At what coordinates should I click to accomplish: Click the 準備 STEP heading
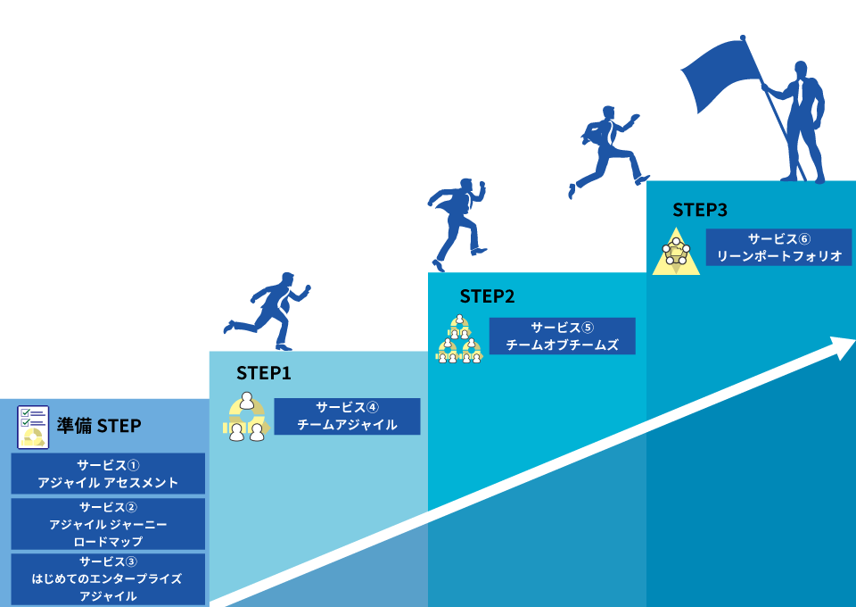pos(99,426)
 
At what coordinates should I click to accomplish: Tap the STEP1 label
pos(263,373)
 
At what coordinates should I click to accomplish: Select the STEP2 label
pos(487,296)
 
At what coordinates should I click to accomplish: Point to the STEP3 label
pos(700,210)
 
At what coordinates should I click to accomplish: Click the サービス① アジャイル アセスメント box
pos(108,474)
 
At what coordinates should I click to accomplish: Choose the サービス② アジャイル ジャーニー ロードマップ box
pos(108,524)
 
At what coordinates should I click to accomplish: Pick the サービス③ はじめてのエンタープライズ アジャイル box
pos(108,578)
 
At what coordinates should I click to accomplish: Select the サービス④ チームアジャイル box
pos(347,416)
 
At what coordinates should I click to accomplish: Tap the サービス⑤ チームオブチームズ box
pos(562,336)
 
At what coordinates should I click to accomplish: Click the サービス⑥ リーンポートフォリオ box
pos(779,248)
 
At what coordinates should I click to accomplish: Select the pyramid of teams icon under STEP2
pos(459,340)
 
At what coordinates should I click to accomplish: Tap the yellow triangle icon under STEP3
pos(676,253)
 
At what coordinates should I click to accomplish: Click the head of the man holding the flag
pos(802,71)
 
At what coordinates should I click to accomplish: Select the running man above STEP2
pos(459,222)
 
